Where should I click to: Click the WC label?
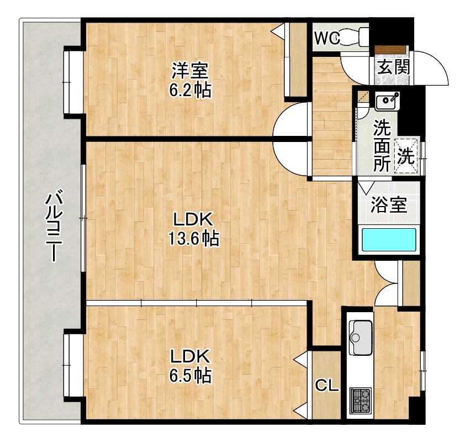click(327, 38)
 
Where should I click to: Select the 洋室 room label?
click(190, 71)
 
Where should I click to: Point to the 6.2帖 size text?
click(190, 90)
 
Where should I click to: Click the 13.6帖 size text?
click(193, 238)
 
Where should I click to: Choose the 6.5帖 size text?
click(191, 375)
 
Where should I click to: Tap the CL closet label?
click(327, 385)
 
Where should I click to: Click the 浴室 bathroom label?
click(389, 205)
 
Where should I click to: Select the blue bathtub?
click(389, 240)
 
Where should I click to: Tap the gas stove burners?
click(361, 401)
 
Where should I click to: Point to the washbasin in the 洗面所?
click(387, 102)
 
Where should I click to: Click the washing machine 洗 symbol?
click(406, 156)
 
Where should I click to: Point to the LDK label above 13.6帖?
click(193, 219)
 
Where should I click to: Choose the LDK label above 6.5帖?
click(190, 356)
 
